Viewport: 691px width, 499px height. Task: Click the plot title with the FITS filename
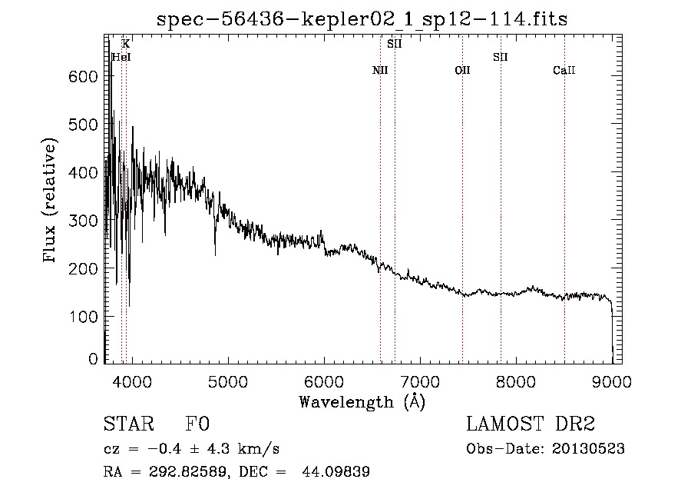click(x=362, y=19)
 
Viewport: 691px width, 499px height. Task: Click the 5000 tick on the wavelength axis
click(x=227, y=381)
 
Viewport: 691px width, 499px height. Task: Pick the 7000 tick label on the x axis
click(x=419, y=381)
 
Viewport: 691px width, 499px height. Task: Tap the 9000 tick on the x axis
click(x=612, y=381)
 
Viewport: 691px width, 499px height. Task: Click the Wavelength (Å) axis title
click(x=362, y=401)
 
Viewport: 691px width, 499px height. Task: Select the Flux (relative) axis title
click(x=51, y=201)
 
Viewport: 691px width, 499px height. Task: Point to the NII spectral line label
click(x=380, y=71)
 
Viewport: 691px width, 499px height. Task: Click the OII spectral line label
click(x=462, y=71)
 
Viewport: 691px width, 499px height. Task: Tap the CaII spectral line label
click(x=564, y=71)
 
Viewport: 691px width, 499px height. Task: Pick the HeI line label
click(x=121, y=57)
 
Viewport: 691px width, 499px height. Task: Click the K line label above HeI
click(x=126, y=44)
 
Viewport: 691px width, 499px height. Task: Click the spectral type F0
click(x=197, y=424)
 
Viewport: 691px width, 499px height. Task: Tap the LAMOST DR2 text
click(x=531, y=424)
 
